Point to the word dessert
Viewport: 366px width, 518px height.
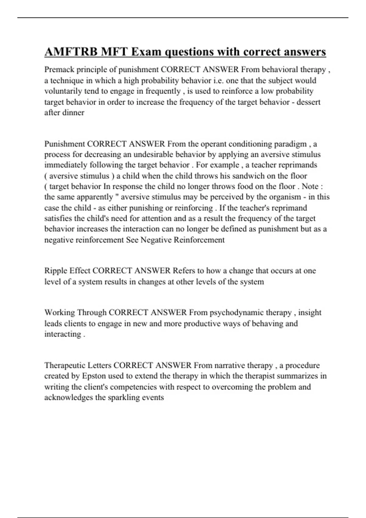pyautogui.click(x=308, y=102)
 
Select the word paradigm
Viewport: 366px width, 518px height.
pyautogui.click(x=291, y=144)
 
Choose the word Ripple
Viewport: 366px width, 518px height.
pyautogui.click(x=56, y=271)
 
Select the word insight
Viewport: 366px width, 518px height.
pyautogui.click(x=310, y=313)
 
